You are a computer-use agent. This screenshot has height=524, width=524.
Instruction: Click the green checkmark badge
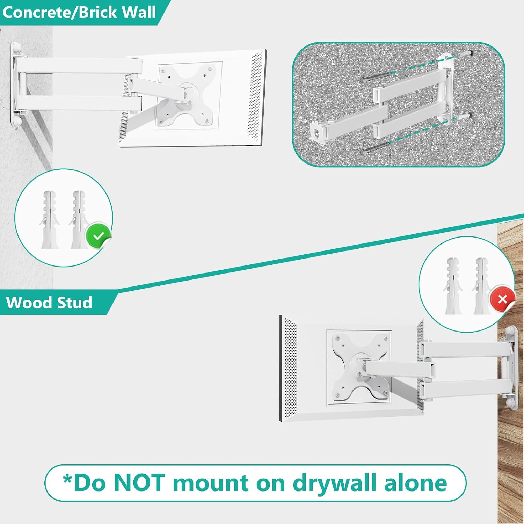(99, 236)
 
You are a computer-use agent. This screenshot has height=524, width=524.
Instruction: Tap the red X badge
(502, 299)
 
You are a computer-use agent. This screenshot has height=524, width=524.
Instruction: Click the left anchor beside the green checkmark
(50, 219)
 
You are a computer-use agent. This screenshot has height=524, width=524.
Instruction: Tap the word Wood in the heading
(29, 303)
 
